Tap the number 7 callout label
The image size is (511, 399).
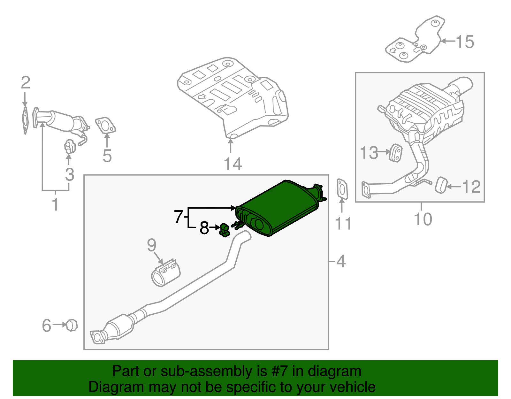coord(179,217)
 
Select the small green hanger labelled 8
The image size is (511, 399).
coord(225,230)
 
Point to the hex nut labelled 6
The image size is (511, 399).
coord(72,325)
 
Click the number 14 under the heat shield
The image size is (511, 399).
coord(233,164)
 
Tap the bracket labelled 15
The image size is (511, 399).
coord(415,42)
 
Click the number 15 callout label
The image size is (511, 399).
coord(465,42)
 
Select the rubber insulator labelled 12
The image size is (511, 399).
coord(441,185)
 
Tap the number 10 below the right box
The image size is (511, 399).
coord(423,219)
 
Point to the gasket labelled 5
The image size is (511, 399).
coord(105,125)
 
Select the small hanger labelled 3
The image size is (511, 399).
coord(69,147)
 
